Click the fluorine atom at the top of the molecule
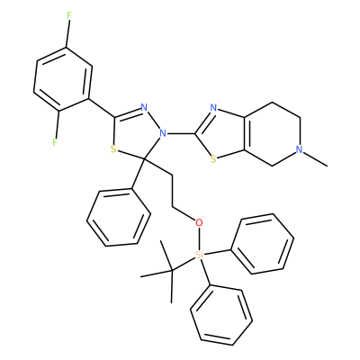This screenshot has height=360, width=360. (69, 16)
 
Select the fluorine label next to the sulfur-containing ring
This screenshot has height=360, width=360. (55, 142)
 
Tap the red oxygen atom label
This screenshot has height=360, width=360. (199, 222)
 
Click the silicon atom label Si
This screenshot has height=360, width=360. (199, 255)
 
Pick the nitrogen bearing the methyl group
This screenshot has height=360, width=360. (299, 149)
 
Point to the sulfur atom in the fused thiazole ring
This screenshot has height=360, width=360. (213, 158)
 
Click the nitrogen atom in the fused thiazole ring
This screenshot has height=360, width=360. (213, 108)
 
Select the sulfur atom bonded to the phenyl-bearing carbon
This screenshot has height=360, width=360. (113, 149)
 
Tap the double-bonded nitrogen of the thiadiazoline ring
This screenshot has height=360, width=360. (144, 107)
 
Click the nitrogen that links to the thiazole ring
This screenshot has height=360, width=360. (163, 133)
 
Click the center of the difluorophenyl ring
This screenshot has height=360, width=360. (62, 79)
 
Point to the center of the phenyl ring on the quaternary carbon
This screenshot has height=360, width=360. (119, 218)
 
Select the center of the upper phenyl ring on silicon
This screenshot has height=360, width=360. (262, 244)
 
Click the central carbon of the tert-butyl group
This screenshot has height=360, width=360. (172, 271)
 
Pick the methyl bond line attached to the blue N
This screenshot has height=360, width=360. (315, 158)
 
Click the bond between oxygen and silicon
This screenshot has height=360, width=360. (199, 238)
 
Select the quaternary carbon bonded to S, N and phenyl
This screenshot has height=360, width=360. (144, 158)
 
